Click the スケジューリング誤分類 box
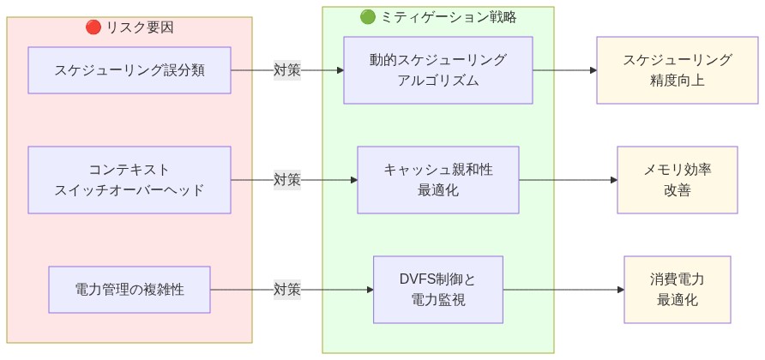click(x=130, y=70)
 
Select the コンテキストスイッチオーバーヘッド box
click(x=130, y=180)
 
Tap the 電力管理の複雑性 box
click(x=130, y=290)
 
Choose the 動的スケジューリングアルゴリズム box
click(x=438, y=70)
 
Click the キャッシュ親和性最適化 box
click(x=438, y=180)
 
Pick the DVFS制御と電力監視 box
click(x=438, y=290)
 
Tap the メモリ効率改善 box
click(x=678, y=180)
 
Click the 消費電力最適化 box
click(x=678, y=290)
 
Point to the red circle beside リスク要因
click(x=93, y=27)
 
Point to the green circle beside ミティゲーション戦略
click(x=368, y=16)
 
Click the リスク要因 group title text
click(x=140, y=27)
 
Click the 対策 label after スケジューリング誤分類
click(x=287, y=70)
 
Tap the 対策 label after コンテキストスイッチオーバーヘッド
click(x=287, y=180)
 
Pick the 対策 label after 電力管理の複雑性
click(x=287, y=290)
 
